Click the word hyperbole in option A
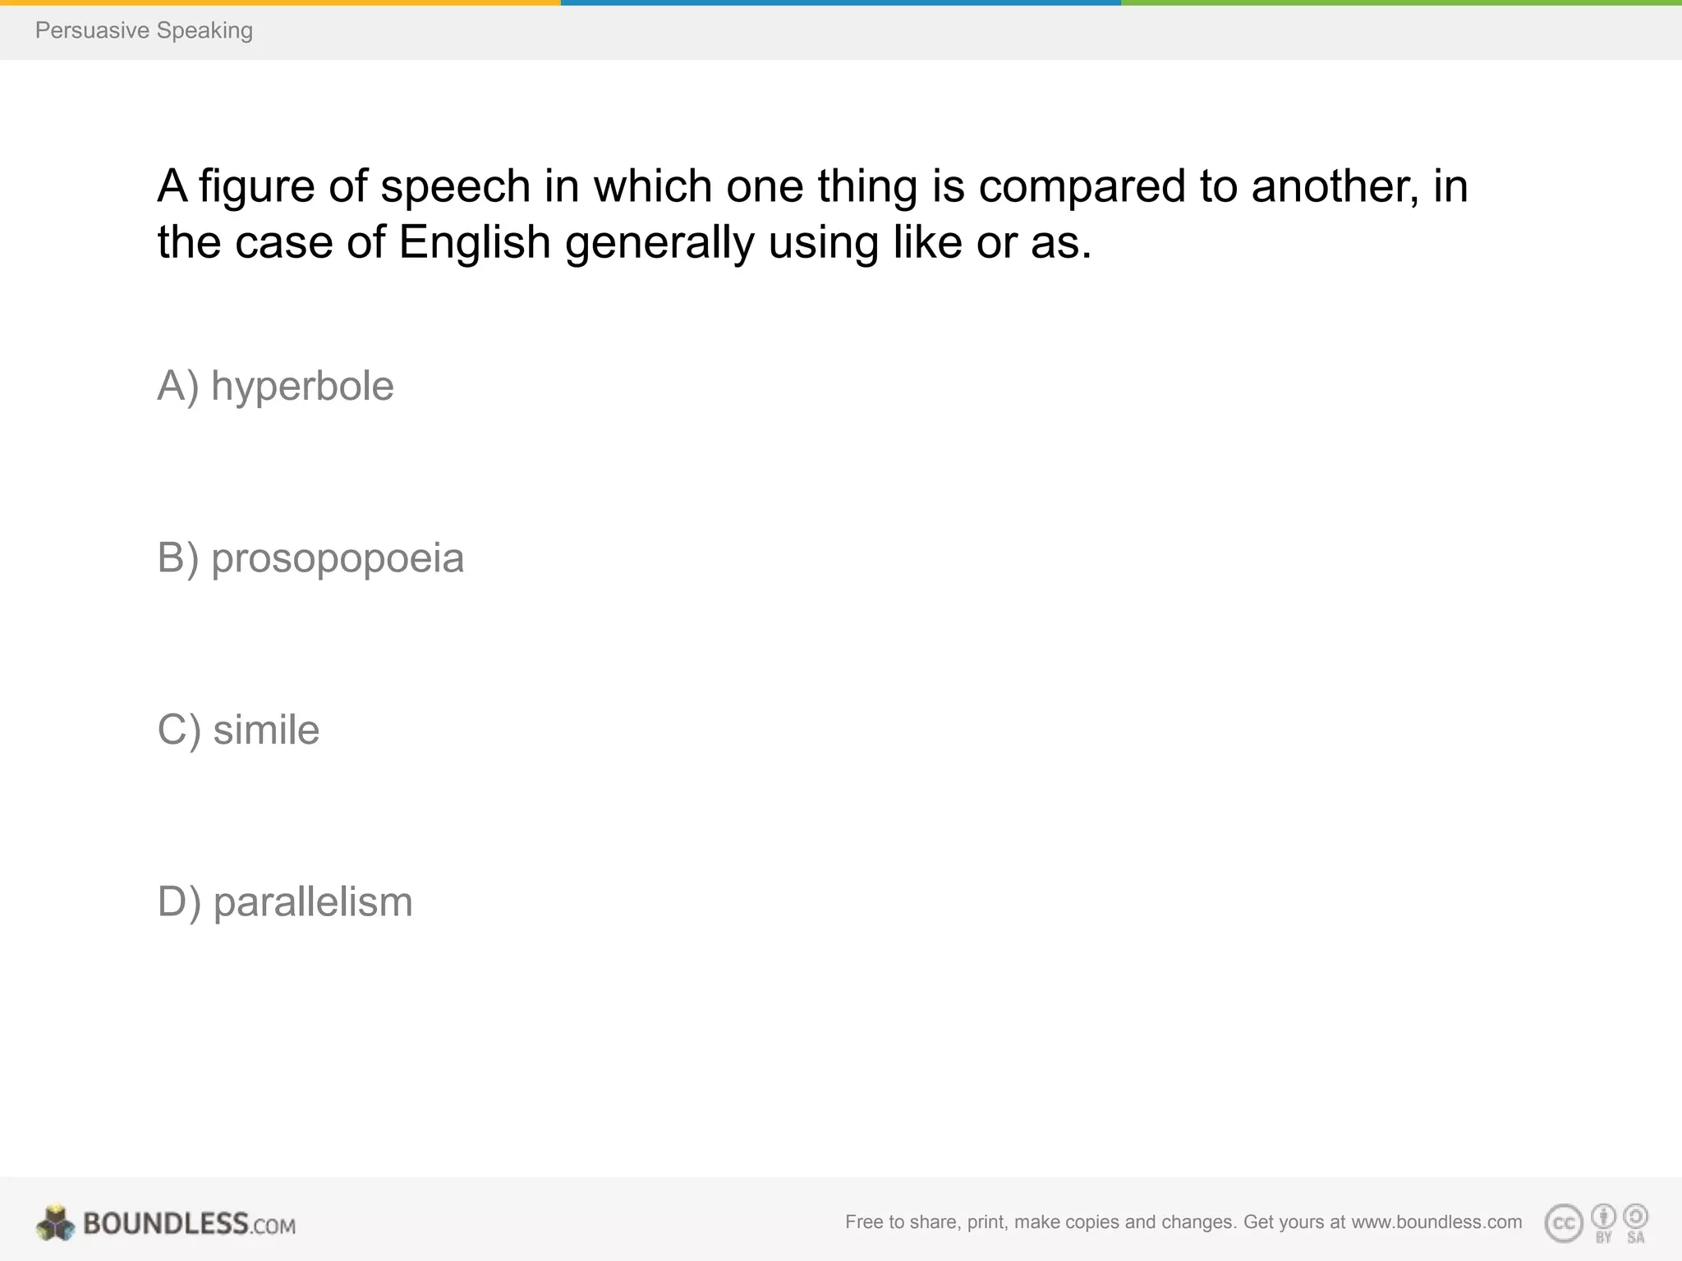[302, 387]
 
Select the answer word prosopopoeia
[338, 559]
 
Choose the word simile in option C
[266, 730]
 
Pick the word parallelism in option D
[313, 902]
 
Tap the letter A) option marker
[178, 387]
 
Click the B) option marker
[178, 559]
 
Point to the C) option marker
[179, 730]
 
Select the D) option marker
[179, 902]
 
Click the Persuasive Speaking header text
[144, 30]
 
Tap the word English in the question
[475, 243]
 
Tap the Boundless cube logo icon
[55, 1223]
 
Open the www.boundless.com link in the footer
[1436, 1222]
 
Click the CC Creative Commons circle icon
[1563, 1224]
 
